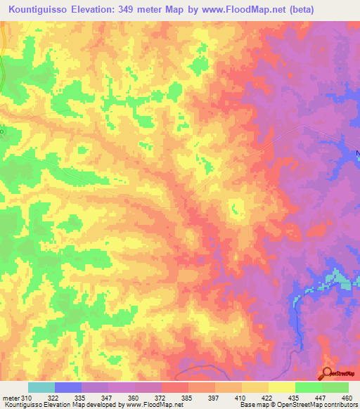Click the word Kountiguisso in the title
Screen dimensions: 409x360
tap(37, 10)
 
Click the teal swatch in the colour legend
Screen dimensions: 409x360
tap(41, 387)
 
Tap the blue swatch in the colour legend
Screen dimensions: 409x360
tap(68, 387)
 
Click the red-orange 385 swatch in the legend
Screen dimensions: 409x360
tap(175, 387)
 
